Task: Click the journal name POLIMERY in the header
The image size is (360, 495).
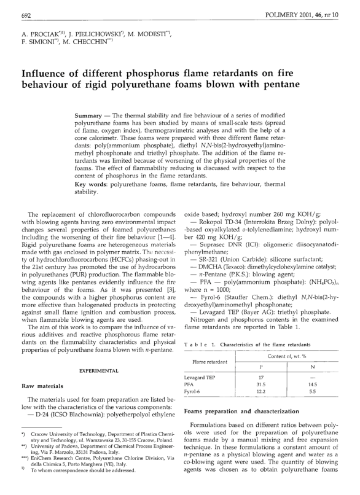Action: [x=285, y=13]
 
